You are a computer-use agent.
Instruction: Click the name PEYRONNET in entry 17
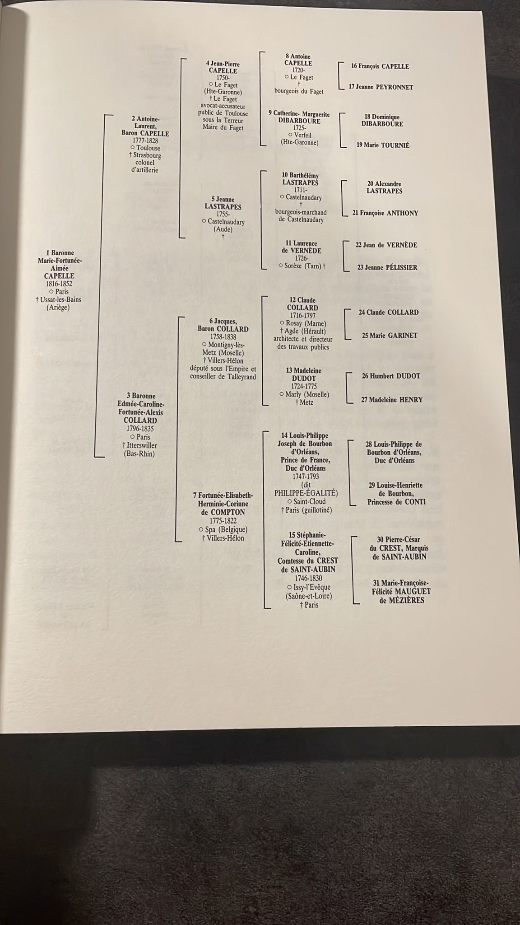coord(395,87)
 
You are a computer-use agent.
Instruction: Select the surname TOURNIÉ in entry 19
coord(394,145)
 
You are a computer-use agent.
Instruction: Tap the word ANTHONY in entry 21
coord(403,213)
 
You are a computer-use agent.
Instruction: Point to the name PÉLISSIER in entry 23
coord(401,267)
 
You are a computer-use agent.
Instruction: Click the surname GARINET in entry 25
coord(403,336)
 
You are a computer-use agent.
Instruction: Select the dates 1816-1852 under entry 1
coord(59,284)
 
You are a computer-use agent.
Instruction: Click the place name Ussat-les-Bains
coord(61,299)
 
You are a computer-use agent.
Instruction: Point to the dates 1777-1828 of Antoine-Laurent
coord(145,141)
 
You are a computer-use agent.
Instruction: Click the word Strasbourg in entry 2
coord(147,155)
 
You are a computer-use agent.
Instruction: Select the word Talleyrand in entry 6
coord(241,377)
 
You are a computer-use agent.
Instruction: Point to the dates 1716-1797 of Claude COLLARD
coord(302,316)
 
